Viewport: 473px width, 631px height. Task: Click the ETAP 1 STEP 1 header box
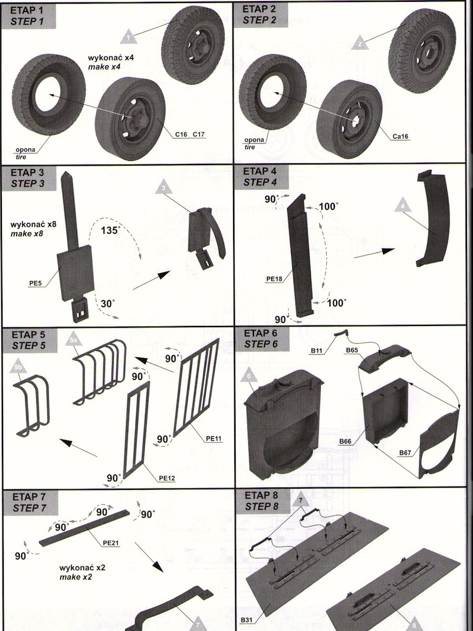(29, 15)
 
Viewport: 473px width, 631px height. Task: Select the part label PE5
(35, 283)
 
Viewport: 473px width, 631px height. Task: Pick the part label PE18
(275, 279)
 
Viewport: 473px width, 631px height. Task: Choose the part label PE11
(214, 438)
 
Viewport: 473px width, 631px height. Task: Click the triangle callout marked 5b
(19, 366)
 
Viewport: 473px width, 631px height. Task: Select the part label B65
(352, 350)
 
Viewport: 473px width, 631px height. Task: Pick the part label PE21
(111, 543)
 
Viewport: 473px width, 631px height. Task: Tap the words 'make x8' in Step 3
(27, 234)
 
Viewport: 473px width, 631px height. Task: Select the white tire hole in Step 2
(269, 92)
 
